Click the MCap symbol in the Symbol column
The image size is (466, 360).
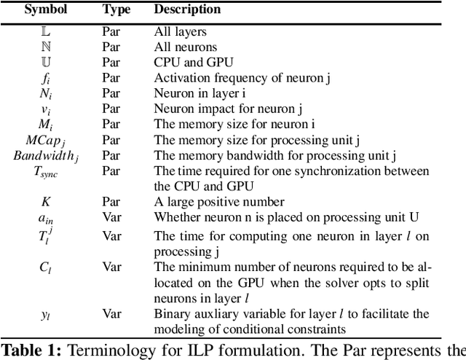pos(45,139)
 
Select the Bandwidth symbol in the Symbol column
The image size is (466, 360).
pos(45,154)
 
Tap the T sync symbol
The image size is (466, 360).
pos(45,171)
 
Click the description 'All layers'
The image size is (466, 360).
pos(179,32)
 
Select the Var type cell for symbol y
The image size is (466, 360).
pos(111,314)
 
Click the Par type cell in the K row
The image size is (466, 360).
pos(111,201)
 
